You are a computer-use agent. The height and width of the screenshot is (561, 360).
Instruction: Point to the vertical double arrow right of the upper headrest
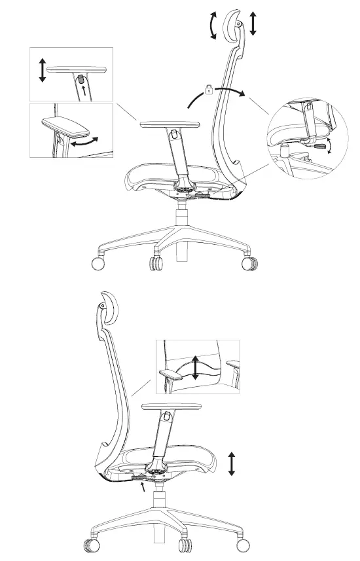tap(253, 22)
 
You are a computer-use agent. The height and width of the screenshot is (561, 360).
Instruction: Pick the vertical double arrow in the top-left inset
tap(43, 69)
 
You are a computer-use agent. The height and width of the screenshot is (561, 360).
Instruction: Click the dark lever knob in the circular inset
tap(320, 147)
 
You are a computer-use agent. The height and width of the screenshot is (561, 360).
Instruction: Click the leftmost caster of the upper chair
tap(98, 264)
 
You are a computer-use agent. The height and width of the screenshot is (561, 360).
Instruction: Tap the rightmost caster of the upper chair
tap(251, 263)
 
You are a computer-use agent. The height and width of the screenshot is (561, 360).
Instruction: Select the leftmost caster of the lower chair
tap(88, 545)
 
